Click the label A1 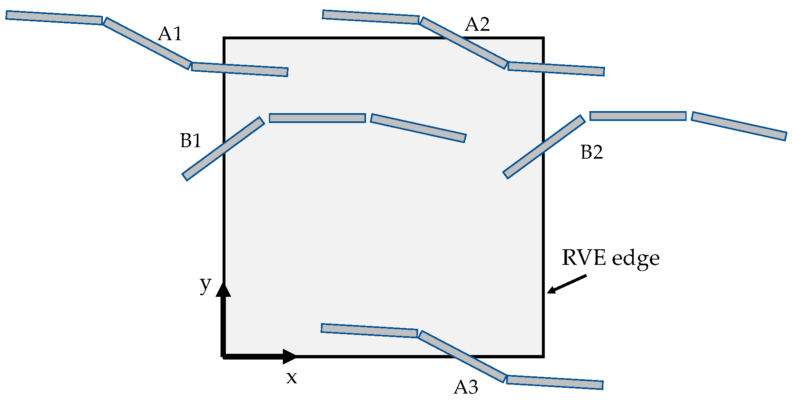point(170,34)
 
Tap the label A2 point(477,25)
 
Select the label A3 point(466,387)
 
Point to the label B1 point(191,141)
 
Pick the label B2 point(592,153)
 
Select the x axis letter point(291,378)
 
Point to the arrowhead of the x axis point(289,356)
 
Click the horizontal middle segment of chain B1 point(317,118)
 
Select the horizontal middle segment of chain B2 point(638,116)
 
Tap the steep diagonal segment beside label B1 point(223,148)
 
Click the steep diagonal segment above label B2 point(544,147)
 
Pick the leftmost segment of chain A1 point(54,18)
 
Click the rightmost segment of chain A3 point(555,382)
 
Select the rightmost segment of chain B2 point(739,126)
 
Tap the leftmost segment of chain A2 point(371,17)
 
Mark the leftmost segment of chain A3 point(369,330)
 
